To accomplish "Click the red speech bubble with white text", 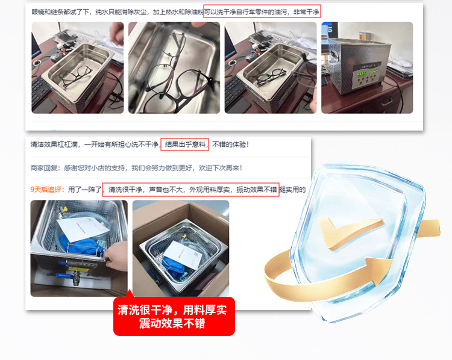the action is [x=174, y=316].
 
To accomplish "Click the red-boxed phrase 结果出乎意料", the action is [x=185, y=144].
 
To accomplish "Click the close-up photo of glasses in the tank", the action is [x=174, y=67].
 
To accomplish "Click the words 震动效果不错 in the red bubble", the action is [x=172, y=324].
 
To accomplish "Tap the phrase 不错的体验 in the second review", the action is [x=228, y=144].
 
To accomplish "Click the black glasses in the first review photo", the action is [x=77, y=76].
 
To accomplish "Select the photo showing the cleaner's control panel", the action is [x=367, y=67].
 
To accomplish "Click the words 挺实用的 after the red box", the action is [x=292, y=190].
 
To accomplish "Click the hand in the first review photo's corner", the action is [x=117, y=33].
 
